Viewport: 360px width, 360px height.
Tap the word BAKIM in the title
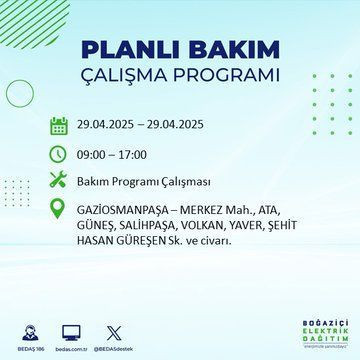tap(227, 49)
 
